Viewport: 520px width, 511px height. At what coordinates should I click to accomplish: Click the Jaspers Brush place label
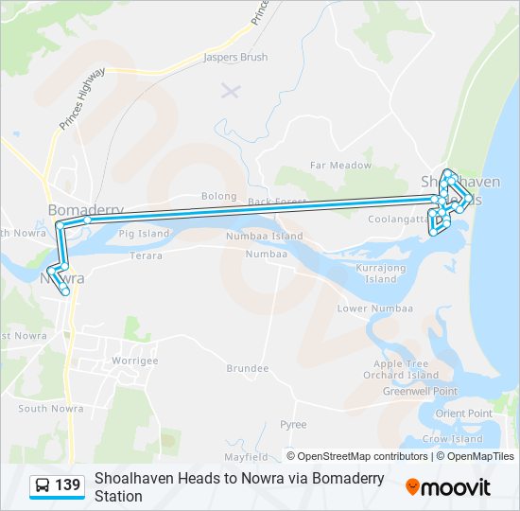235,58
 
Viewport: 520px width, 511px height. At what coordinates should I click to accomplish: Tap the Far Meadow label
341,166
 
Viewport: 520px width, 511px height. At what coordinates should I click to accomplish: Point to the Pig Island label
143,234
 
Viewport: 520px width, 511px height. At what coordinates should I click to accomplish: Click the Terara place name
146,255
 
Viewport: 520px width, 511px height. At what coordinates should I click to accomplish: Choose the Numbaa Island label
264,237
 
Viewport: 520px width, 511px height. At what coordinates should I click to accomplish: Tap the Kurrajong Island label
381,273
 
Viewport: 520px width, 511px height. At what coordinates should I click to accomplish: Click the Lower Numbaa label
375,309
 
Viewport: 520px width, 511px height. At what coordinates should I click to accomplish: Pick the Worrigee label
135,361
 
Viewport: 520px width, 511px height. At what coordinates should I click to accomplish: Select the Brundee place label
248,368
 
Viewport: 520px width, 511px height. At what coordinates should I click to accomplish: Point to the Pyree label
293,425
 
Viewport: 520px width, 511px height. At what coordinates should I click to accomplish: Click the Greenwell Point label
420,391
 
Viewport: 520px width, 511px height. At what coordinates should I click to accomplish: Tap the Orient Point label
463,414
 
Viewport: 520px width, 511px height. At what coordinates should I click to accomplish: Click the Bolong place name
218,197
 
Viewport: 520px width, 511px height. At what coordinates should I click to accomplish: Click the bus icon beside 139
43,486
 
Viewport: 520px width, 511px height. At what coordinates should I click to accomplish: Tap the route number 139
67,486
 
